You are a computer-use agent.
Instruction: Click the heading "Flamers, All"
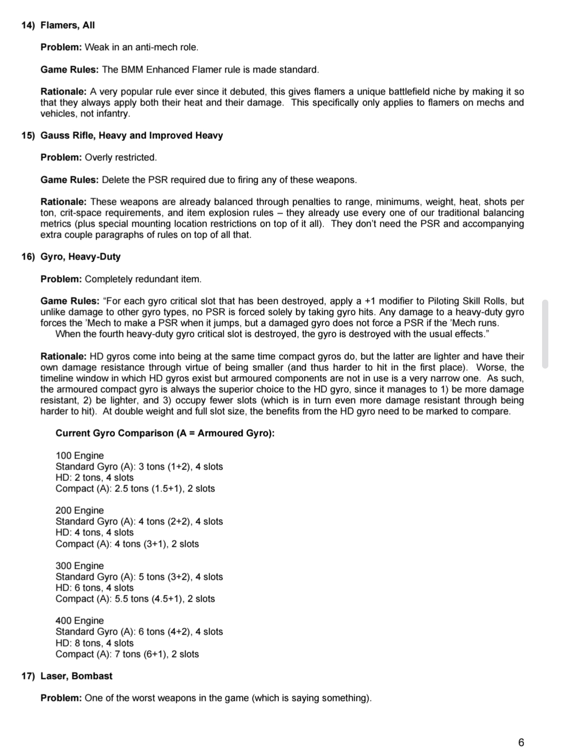pos(67,25)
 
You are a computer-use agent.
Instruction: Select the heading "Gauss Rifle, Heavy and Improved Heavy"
pos(132,135)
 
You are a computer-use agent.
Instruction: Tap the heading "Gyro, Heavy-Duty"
pos(80,256)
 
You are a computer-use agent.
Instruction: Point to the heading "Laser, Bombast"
pos(76,676)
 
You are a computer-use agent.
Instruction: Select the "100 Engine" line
pos(79,455)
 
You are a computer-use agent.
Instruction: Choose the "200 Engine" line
pos(79,510)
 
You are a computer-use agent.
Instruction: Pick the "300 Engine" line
pos(79,566)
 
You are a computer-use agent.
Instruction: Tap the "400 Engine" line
pos(79,620)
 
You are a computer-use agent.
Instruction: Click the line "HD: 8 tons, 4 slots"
pos(95,643)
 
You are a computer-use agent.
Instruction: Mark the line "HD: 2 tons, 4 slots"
pos(95,477)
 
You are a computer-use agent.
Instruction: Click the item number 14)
pos(28,25)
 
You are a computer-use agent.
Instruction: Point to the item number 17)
pos(28,676)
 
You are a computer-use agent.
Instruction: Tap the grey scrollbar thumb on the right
pos(545,334)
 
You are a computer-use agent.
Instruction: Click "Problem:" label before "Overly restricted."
pos(61,157)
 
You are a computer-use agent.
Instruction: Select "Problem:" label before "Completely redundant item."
pos(61,279)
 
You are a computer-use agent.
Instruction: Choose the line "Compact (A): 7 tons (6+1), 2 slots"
pos(127,654)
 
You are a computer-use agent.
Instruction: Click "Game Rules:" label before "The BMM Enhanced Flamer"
pos(69,69)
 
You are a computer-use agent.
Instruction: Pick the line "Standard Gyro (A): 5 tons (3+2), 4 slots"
pos(139,577)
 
